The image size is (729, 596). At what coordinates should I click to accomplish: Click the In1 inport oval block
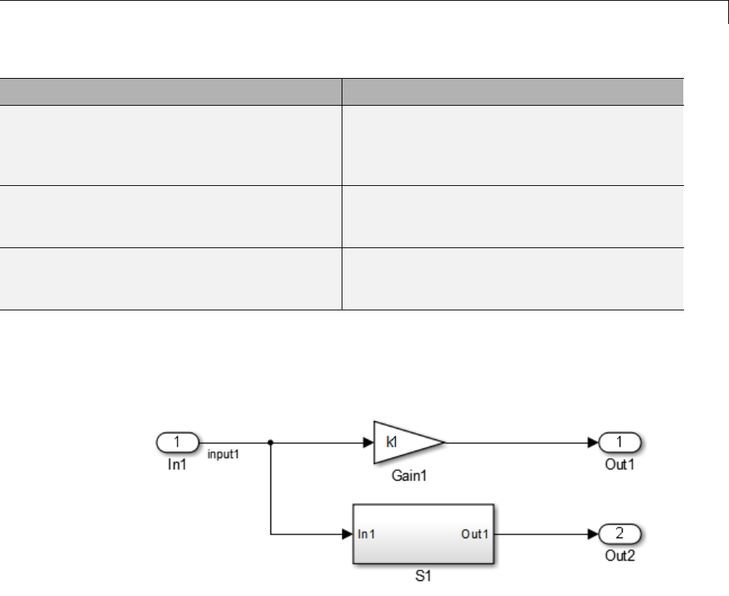[177, 442]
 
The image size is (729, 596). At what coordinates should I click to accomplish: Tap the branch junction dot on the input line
[270, 442]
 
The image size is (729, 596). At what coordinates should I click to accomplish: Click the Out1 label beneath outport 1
[620, 465]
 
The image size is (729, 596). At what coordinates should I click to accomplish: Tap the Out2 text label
[620, 557]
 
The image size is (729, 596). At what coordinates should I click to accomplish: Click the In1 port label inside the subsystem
[367, 535]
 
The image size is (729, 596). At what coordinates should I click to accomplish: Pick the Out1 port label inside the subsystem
[474, 535]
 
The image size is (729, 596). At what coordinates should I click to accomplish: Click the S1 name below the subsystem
[423, 578]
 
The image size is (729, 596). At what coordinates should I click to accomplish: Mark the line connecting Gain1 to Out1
[517, 442]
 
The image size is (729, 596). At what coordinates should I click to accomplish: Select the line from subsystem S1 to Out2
[543, 535]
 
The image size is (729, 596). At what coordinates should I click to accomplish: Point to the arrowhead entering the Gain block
[368, 442]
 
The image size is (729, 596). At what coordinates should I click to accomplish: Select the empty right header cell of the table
[512, 91]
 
